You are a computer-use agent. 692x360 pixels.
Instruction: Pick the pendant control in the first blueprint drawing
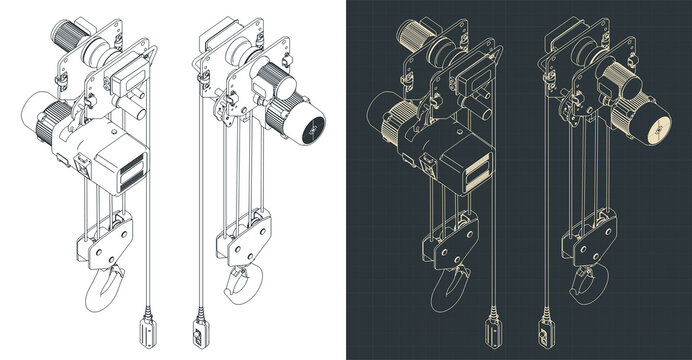[x=490, y=329]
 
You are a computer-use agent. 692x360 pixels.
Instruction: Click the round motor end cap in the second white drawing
[x=312, y=128]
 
